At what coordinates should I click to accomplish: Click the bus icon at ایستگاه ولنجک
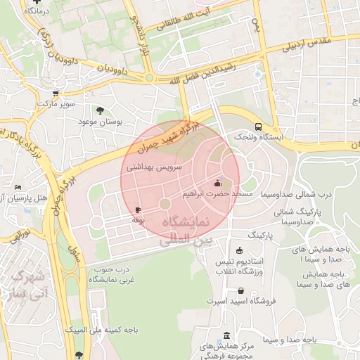[x=259, y=127]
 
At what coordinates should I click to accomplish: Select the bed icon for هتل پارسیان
[x=18, y=187]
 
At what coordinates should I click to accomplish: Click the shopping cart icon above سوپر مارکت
[x=56, y=93]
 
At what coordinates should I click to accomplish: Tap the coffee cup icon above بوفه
[x=138, y=210]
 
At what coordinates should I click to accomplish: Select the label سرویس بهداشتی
[x=155, y=168]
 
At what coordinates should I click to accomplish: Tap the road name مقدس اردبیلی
[x=310, y=43]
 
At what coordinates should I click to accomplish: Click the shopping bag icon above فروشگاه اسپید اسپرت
[x=241, y=290]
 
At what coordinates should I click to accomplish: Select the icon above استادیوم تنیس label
[x=240, y=251]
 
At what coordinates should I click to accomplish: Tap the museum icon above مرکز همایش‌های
[x=226, y=336]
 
